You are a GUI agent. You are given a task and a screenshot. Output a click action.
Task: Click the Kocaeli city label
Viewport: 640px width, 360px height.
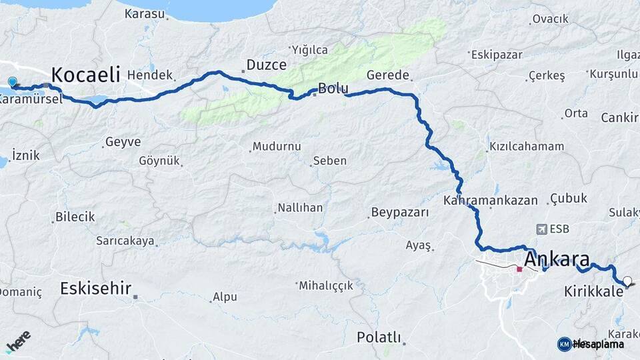pyautogui.click(x=85, y=73)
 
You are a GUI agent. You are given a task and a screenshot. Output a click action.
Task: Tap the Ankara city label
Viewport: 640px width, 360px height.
pyautogui.click(x=557, y=259)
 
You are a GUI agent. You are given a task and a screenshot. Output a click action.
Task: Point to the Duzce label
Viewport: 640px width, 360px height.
pyautogui.click(x=266, y=65)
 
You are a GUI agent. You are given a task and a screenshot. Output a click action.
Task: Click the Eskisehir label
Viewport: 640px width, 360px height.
pyautogui.click(x=95, y=288)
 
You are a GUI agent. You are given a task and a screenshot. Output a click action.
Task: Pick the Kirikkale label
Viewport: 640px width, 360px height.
pyautogui.click(x=593, y=292)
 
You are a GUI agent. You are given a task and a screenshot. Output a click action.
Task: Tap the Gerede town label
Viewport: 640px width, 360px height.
pyautogui.click(x=387, y=75)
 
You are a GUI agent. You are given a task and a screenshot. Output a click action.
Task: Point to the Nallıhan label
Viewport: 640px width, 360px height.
pyautogui.click(x=300, y=208)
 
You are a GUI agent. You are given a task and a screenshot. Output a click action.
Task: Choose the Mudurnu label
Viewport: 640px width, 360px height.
pyautogui.click(x=277, y=146)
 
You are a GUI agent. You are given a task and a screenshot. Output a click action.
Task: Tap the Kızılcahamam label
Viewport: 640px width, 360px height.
pyautogui.click(x=527, y=146)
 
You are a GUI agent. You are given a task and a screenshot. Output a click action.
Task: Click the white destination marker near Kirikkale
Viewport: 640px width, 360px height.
pyautogui.click(x=627, y=281)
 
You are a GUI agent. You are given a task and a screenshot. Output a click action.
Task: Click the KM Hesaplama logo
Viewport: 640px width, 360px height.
pyautogui.click(x=591, y=344)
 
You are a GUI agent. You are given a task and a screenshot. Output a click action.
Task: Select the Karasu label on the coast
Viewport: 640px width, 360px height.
pyautogui.click(x=144, y=13)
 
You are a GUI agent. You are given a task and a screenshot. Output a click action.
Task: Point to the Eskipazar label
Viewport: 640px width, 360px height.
pyautogui.click(x=497, y=55)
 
